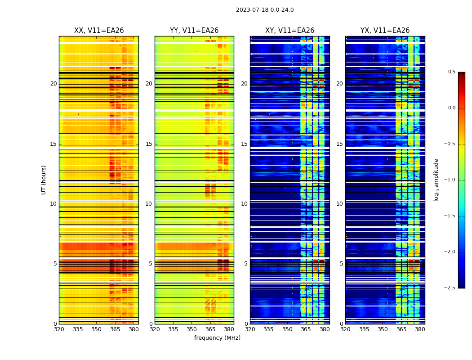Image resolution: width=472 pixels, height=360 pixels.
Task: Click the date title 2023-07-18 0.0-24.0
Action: [x=265, y=10]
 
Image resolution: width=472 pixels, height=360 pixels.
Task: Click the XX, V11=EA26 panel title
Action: [x=99, y=31]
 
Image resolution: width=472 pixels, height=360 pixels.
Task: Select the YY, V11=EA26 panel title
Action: [x=194, y=31]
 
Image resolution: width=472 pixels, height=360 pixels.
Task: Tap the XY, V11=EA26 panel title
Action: [x=289, y=31]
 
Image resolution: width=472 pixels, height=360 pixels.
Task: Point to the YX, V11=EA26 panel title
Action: [x=385, y=31]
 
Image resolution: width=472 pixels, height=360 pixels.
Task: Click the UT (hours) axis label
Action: [x=44, y=180]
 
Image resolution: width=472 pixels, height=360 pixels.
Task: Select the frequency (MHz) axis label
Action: [x=217, y=338]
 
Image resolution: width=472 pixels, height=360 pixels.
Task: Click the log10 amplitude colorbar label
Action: [x=436, y=180]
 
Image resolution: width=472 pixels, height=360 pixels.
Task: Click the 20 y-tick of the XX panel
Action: [x=53, y=84]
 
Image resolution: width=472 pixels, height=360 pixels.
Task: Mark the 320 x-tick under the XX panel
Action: [x=59, y=329]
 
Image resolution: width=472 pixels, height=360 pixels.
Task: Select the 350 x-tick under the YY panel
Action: [x=192, y=329]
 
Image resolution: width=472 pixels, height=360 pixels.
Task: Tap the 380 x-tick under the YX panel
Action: [x=420, y=329]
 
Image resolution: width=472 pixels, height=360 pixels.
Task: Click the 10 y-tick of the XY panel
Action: [x=244, y=204]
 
